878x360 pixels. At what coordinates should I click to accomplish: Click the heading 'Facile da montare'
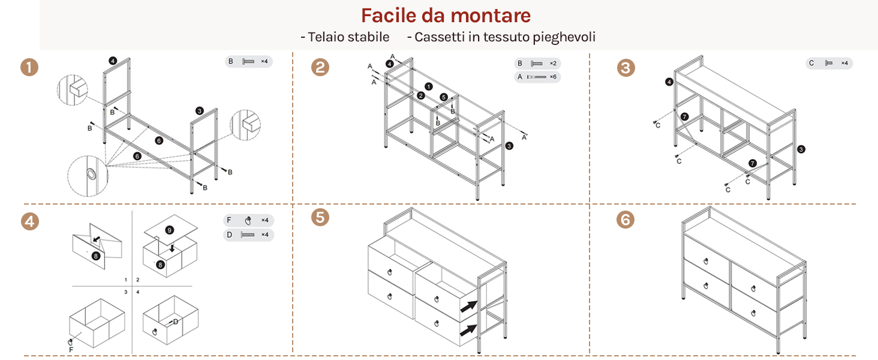click(446, 16)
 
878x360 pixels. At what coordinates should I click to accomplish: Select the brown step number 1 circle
click(29, 67)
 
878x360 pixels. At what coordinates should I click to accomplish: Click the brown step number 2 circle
click(320, 67)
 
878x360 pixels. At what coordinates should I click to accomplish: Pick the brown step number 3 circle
click(626, 68)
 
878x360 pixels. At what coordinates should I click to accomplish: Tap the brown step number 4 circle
click(30, 221)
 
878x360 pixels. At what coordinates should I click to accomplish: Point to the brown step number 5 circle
click(320, 217)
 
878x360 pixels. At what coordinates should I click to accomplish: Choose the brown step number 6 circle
click(626, 220)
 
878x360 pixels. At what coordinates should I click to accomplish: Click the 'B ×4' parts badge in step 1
click(248, 62)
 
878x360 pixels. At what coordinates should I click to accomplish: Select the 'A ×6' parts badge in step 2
click(537, 77)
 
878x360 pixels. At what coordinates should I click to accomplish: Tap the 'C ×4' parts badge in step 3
click(829, 63)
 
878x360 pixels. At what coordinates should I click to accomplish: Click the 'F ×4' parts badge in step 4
click(248, 220)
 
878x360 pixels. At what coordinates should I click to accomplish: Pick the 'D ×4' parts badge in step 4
click(248, 235)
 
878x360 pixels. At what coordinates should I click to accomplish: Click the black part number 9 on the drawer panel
click(169, 230)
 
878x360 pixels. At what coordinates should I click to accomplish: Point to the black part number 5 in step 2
click(444, 97)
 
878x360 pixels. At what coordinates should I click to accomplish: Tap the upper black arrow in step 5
click(469, 306)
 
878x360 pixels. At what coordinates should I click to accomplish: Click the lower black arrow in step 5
click(469, 330)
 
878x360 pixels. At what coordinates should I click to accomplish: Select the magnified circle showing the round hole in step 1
click(88, 176)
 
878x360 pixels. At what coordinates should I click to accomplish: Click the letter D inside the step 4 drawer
click(176, 322)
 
